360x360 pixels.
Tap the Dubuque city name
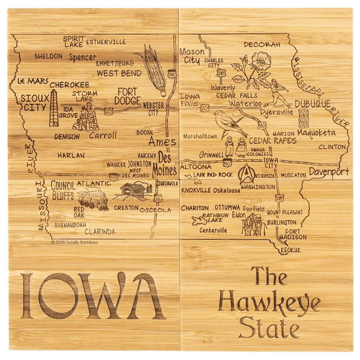click(313, 104)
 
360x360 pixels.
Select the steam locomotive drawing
click(92, 199)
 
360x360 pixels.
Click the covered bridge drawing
click(135, 191)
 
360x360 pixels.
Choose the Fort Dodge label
click(128, 96)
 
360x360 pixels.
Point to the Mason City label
click(191, 56)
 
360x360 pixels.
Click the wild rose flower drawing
click(259, 62)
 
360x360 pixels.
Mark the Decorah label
click(262, 44)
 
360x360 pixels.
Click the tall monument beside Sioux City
click(54, 109)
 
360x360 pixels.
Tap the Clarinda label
click(100, 230)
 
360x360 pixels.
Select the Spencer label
click(82, 58)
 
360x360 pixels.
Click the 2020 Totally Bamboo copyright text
click(76, 242)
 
